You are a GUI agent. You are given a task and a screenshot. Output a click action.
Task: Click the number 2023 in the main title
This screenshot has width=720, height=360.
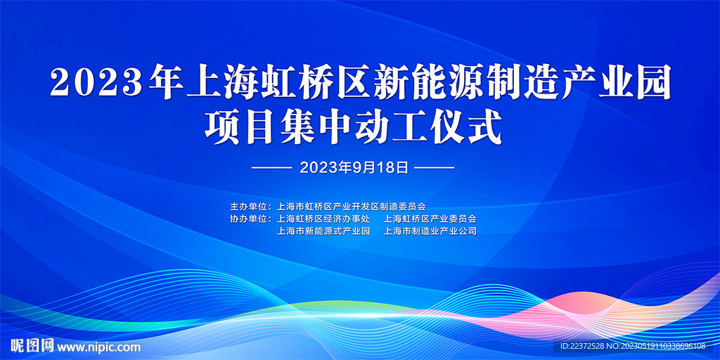point(97,82)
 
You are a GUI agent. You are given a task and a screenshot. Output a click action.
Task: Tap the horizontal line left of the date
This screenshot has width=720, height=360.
point(272,168)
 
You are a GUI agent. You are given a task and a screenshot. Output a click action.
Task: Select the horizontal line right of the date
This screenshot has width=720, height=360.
point(435,168)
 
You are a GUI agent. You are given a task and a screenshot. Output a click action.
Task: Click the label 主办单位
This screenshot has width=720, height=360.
point(248,206)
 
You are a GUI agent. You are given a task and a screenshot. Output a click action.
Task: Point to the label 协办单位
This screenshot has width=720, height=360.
point(248,219)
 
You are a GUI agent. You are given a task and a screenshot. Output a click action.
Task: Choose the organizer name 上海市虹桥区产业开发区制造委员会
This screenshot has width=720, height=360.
point(352,206)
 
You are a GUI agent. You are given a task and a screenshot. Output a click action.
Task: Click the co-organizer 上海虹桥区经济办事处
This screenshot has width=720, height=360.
point(323,219)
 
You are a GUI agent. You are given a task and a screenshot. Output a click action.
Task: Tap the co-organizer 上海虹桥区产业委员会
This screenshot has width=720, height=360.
point(430,219)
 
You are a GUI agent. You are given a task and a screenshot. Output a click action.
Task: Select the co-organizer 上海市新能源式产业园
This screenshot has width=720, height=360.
point(323,231)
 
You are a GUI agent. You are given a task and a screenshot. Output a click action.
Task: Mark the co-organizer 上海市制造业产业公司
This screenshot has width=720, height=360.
point(430,231)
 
